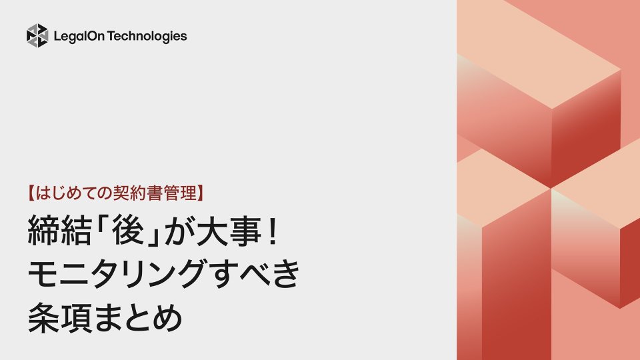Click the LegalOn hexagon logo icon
click(37, 36)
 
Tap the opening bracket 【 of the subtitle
click(31, 193)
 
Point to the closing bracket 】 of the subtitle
click(200, 193)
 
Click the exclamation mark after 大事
click(263, 235)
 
